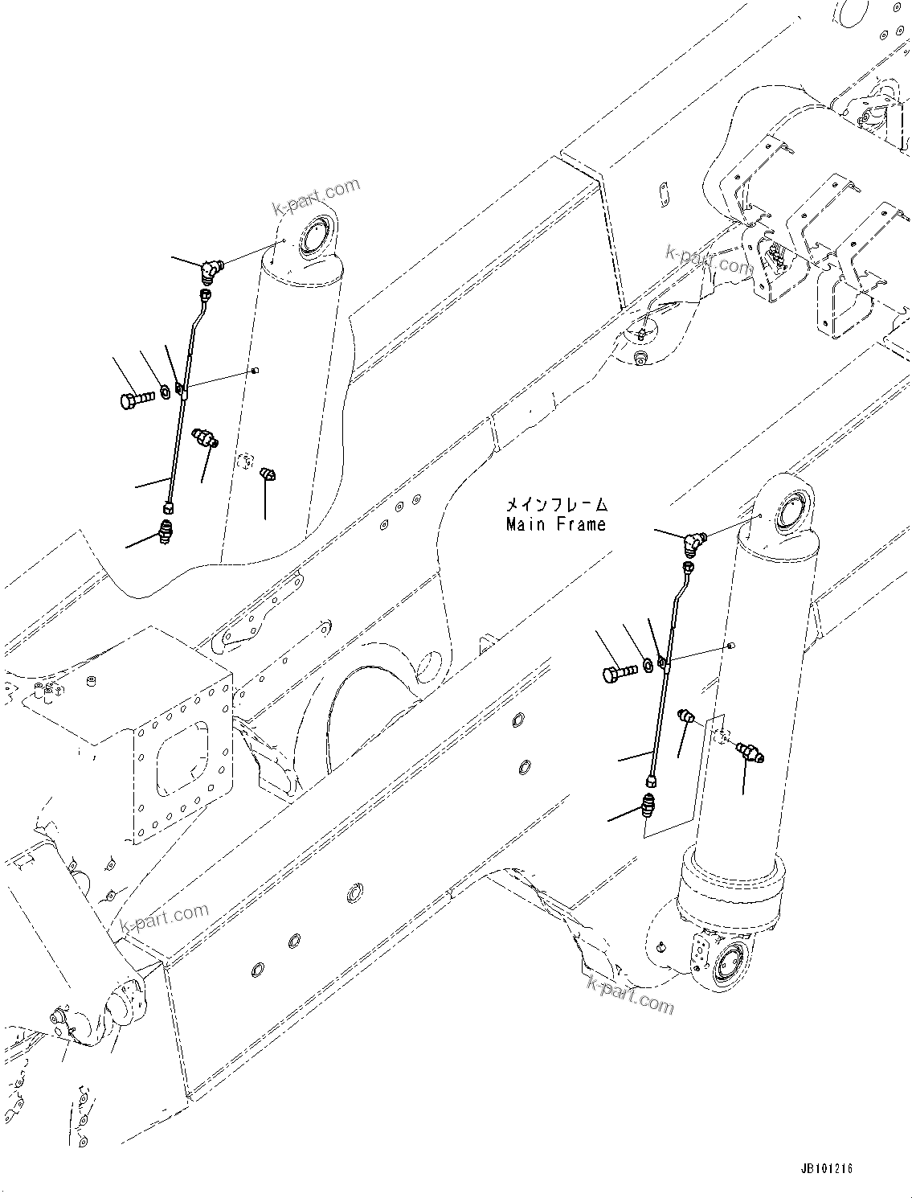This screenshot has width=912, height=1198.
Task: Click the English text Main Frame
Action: pyautogui.click(x=556, y=525)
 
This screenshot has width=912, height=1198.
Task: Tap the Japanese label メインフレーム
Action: pyautogui.click(x=556, y=506)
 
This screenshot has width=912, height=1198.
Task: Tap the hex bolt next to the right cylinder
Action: pyautogui.click(x=617, y=672)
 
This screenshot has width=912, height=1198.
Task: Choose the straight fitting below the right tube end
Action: pyautogui.click(x=648, y=804)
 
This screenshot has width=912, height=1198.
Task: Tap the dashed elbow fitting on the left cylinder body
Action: pyautogui.click(x=269, y=474)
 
